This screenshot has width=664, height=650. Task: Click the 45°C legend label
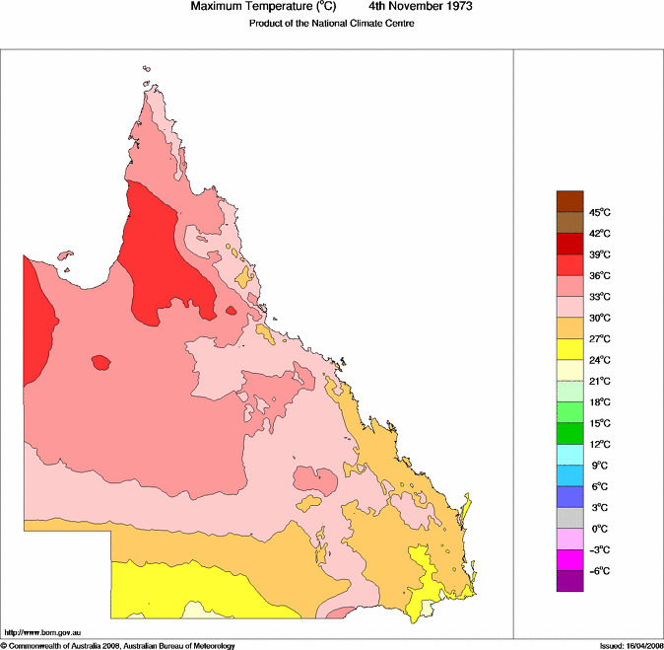(x=600, y=213)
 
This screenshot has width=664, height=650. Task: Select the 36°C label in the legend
(x=600, y=276)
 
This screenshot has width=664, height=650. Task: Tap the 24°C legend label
(x=600, y=360)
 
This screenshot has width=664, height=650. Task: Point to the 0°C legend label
(x=598, y=529)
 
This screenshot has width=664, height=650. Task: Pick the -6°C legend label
(x=598, y=571)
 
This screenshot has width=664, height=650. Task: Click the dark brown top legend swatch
(x=570, y=201)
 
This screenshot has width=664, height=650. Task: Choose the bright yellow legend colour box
(x=570, y=349)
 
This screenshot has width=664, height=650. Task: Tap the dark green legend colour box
(x=570, y=433)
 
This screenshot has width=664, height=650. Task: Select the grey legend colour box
(x=570, y=518)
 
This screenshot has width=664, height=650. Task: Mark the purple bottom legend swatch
(x=570, y=582)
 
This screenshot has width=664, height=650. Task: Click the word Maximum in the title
(x=217, y=7)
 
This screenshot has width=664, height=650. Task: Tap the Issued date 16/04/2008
(x=639, y=646)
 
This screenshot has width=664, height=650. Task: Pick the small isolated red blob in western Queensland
(x=100, y=362)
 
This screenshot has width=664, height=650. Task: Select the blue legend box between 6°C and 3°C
(x=570, y=497)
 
